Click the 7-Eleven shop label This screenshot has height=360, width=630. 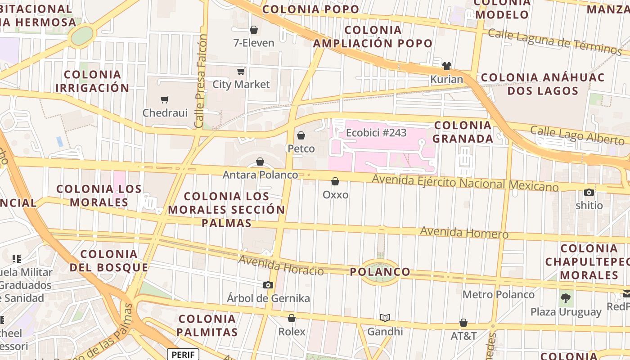pyautogui.click(x=254, y=43)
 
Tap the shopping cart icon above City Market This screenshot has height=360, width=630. pyautogui.click(x=241, y=71)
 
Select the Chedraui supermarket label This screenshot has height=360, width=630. pyautogui.click(x=165, y=112)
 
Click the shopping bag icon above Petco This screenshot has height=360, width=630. pyautogui.click(x=301, y=135)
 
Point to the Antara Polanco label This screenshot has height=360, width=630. pyautogui.click(x=260, y=175)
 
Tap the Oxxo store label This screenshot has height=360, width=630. pyautogui.click(x=335, y=194)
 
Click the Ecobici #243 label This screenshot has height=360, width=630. pyautogui.click(x=376, y=133)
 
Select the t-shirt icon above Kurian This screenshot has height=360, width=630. pyautogui.click(x=446, y=66)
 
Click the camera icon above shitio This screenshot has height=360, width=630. pyautogui.click(x=589, y=193)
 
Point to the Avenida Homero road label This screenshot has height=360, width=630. pyautogui.click(x=464, y=233)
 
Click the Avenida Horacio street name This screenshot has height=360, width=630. pyautogui.click(x=281, y=265)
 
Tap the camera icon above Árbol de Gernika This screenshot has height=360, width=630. pyautogui.click(x=268, y=285)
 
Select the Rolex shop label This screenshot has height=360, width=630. pyautogui.click(x=292, y=332)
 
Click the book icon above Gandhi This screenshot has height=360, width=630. pyautogui.click(x=385, y=318)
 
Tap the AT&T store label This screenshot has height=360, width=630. pyautogui.click(x=463, y=336)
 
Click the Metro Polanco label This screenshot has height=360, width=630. pyautogui.click(x=499, y=295)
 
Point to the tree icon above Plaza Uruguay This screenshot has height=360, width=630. pyautogui.click(x=566, y=298)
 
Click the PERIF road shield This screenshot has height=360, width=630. pyautogui.click(x=183, y=355)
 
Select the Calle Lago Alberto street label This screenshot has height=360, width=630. pyautogui.click(x=577, y=135)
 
